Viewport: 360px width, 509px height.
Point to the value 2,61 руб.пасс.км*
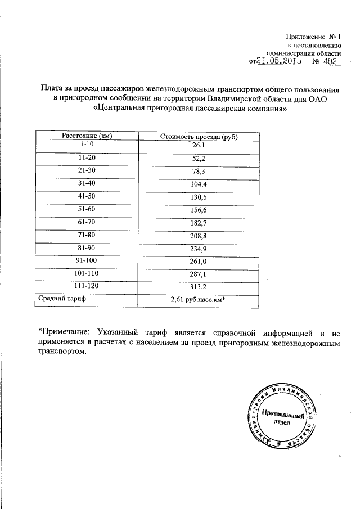coord(197,300)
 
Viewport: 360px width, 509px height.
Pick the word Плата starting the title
coord(52,88)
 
